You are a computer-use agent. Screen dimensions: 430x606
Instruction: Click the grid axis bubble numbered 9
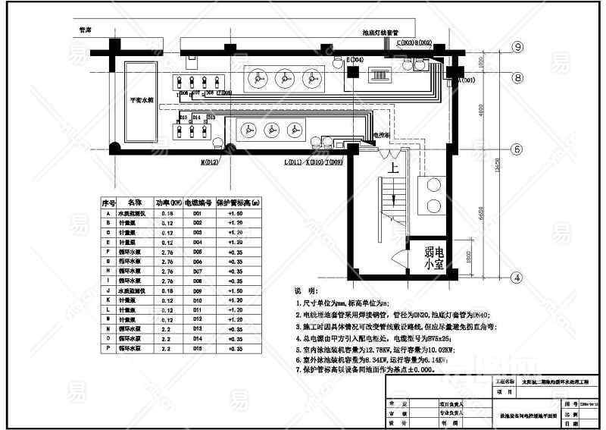517,47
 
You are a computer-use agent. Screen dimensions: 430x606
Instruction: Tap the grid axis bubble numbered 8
517,77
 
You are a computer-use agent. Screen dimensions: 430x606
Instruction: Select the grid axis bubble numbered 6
517,149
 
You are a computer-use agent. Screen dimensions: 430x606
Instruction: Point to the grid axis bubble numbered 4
517,278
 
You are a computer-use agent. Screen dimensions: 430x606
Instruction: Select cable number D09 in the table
197,290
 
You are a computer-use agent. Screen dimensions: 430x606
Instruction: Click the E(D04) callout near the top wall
355,59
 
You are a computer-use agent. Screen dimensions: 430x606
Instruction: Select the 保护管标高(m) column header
239,203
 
